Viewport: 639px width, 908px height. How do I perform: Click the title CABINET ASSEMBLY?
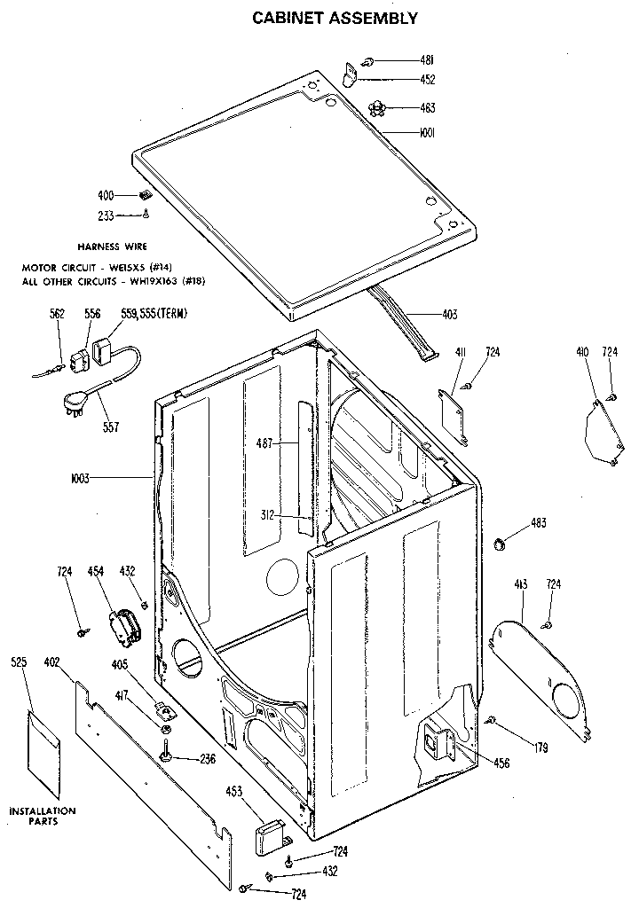pyautogui.click(x=335, y=17)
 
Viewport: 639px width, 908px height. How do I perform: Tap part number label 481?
pyautogui.click(x=426, y=60)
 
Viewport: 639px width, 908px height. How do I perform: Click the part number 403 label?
pyautogui.click(x=449, y=313)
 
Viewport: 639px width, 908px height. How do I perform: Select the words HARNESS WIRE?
pyautogui.click(x=112, y=247)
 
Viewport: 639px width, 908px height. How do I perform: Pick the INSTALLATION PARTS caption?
pyautogui.click(x=43, y=816)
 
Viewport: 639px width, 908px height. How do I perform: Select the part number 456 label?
pyautogui.click(x=501, y=763)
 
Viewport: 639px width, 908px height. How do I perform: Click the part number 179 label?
pyautogui.click(x=540, y=747)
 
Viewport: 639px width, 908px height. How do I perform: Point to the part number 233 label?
pyautogui.click(x=106, y=215)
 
